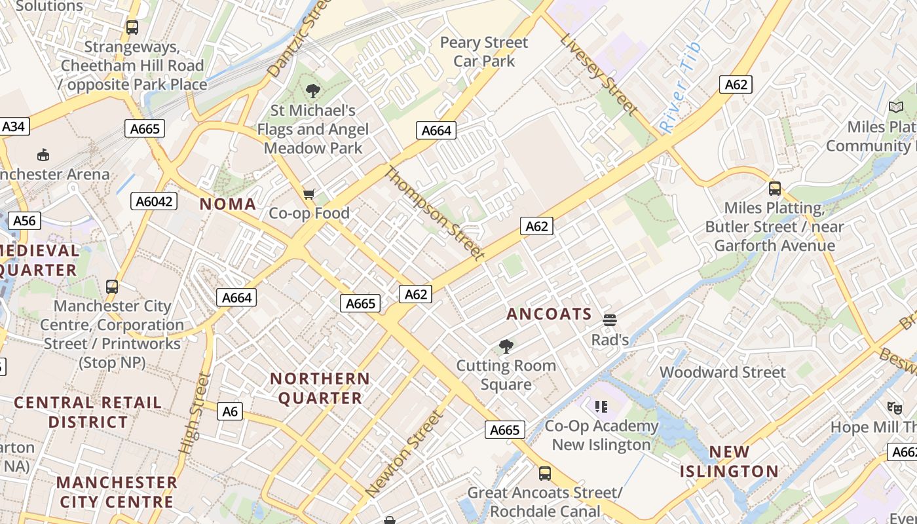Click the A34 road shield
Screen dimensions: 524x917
14,126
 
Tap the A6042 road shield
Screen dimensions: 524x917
155,201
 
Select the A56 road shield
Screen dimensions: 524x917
24,220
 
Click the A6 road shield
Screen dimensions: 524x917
229,411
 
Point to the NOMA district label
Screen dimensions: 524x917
228,204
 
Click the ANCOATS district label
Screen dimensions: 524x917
549,314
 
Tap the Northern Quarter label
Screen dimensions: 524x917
320,388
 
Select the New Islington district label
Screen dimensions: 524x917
729,461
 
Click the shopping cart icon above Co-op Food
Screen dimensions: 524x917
309,194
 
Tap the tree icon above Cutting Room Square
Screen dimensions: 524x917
506,346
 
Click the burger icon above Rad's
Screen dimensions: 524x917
610,320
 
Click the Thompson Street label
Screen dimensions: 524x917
434,213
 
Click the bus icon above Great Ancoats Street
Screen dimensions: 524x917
544,473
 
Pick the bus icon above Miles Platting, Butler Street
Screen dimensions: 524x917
775,189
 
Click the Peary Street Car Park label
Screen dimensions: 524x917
484,52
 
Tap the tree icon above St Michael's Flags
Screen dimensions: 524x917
312,91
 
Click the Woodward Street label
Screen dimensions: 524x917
722,372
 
